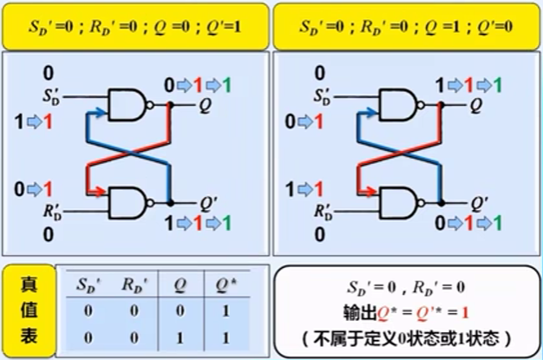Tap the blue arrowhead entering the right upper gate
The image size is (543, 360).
370,114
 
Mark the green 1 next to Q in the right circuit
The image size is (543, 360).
496,86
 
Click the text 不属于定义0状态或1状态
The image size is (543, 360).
406,337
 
